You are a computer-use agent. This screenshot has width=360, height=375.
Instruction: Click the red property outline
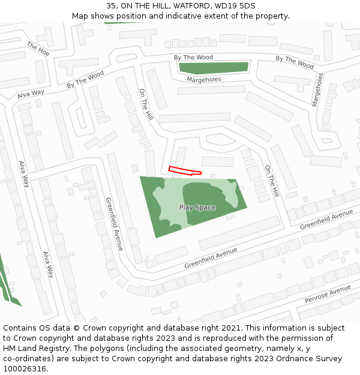(184, 171)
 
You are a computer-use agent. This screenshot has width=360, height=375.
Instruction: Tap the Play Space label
(197, 208)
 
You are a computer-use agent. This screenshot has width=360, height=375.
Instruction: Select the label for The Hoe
(38, 48)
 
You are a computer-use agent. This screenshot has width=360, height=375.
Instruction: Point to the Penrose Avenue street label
(327, 294)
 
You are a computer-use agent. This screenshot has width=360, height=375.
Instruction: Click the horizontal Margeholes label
(203, 79)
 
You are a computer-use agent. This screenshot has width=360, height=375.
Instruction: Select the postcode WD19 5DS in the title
(238, 5)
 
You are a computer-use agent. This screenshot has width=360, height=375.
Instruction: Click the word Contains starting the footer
(20, 328)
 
